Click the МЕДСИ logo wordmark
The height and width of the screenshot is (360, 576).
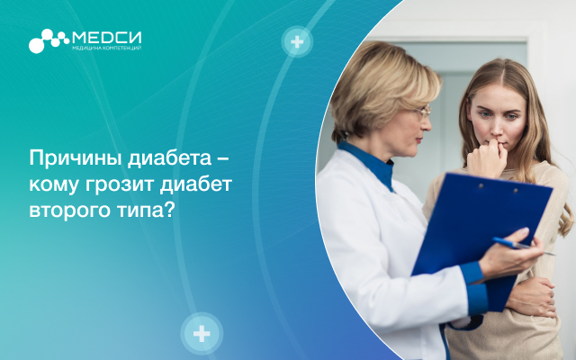pos(107,38)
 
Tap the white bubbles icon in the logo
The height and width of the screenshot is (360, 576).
pos(49,40)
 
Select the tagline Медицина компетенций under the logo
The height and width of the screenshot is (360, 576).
pos(107,48)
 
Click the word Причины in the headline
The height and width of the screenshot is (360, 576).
pos(75,158)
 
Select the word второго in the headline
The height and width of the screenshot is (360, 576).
pos(70,211)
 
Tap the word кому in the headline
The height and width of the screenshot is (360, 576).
pos(54,185)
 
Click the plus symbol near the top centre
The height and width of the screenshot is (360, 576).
pos(297,41)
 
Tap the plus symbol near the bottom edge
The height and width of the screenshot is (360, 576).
pos(202,334)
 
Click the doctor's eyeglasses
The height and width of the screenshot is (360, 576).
pos(423,112)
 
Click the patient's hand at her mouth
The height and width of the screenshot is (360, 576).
pos(487,158)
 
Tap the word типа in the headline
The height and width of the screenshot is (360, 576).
pos(140,211)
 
